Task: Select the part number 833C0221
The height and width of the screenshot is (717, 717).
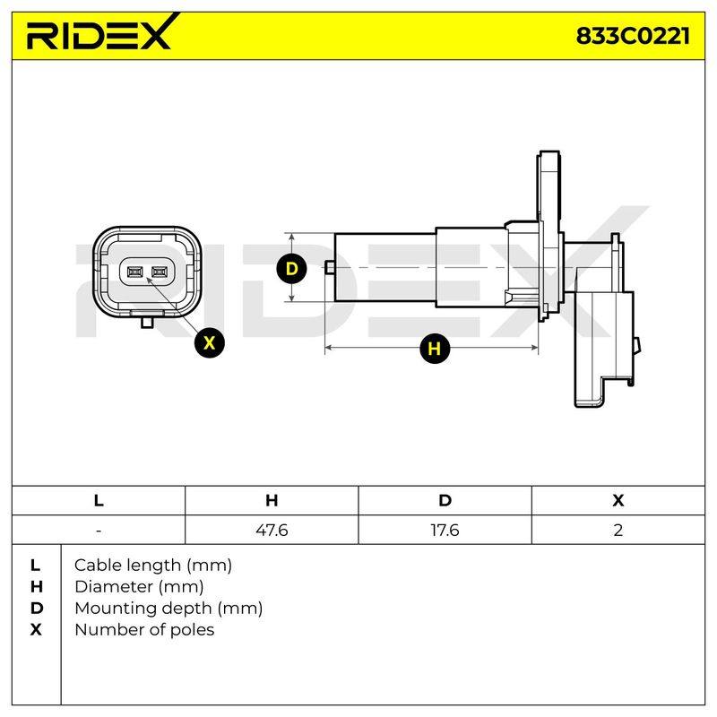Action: (x=633, y=36)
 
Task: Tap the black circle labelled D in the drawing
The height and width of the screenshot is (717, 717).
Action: (x=291, y=268)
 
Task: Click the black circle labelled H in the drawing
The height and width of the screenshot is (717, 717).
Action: (x=435, y=349)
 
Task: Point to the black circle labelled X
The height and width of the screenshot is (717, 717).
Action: (x=209, y=342)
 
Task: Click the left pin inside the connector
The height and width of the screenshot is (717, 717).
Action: (x=134, y=272)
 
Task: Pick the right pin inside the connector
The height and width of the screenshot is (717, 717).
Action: (x=160, y=272)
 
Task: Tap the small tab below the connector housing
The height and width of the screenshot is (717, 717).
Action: (x=147, y=323)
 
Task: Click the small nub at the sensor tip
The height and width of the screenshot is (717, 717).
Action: (x=329, y=267)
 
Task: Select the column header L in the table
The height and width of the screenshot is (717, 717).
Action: (x=99, y=500)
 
